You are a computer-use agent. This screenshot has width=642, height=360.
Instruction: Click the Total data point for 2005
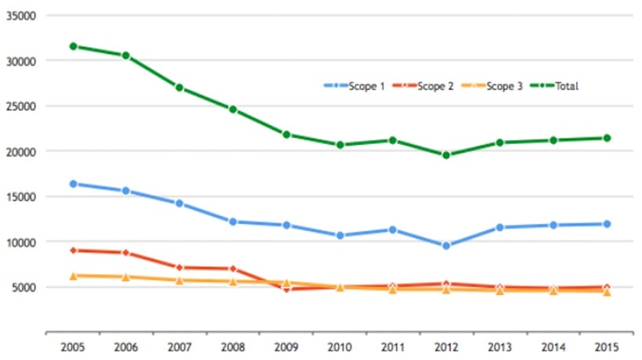coord(74,46)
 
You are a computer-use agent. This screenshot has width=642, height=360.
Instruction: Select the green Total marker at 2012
coord(446,155)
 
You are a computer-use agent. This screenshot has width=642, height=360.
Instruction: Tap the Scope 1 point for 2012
coord(446,246)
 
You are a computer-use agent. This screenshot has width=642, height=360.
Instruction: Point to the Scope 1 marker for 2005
coord(74,184)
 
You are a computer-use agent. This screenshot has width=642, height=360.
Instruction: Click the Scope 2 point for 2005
coord(74,250)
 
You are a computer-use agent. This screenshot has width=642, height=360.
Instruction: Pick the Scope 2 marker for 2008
coord(233,268)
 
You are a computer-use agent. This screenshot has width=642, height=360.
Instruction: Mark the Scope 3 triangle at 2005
coord(74,275)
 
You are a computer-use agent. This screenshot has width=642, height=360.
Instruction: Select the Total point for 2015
coord(607,138)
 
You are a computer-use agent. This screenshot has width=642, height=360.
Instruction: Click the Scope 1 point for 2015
coord(607,224)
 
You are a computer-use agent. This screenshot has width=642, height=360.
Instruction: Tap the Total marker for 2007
coord(179,88)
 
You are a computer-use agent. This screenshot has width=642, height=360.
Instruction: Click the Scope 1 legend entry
coord(354,86)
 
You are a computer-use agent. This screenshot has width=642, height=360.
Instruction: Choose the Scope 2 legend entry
coord(423,86)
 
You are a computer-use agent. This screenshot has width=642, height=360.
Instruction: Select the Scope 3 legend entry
coord(492,86)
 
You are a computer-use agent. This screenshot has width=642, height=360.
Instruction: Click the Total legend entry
coord(554,86)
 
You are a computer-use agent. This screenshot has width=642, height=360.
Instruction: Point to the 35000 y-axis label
coord(21,16)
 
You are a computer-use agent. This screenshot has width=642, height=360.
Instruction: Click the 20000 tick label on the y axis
coord(21,152)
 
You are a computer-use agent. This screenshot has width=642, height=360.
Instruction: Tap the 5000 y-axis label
coord(24,287)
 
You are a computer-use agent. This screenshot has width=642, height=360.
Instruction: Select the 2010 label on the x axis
coord(340,347)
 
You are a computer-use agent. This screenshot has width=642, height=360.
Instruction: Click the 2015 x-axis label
coord(607,347)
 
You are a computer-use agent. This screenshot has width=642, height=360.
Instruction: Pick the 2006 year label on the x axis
coord(126,347)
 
